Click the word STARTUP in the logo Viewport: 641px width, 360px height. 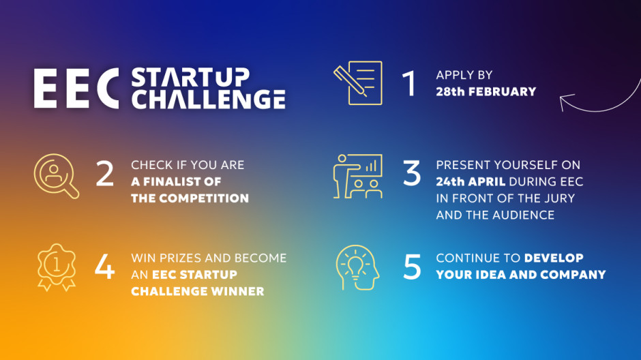tap(190, 78)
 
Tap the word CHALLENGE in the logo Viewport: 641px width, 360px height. tap(209, 99)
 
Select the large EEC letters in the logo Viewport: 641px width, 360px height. tap(76, 88)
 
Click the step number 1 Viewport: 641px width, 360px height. tap(409, 83)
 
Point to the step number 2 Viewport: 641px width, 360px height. tap(104, 173)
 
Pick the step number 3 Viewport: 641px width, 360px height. tap(412, 173)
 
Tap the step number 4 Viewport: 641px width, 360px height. tap(104, 267)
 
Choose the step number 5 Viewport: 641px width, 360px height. tap(412, 267)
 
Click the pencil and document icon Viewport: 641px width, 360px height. tap(358, 83)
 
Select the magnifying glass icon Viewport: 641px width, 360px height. tap(57, 176)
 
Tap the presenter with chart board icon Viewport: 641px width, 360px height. tap(358, 176)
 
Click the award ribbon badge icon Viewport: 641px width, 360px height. tap(57, 268)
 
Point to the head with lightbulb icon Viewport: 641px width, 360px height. tap(358, 268)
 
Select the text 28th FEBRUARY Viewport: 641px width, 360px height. tap(486, 91)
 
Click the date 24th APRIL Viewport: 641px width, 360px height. tap(471, 181)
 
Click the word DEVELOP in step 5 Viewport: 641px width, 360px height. tap(554, 258)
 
